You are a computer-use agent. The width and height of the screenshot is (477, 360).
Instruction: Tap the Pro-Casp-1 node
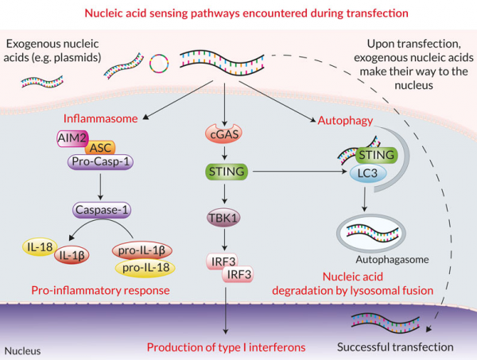100,162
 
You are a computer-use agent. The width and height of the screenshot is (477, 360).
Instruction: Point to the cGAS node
227,137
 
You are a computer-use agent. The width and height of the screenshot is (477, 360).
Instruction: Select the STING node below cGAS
227,171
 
